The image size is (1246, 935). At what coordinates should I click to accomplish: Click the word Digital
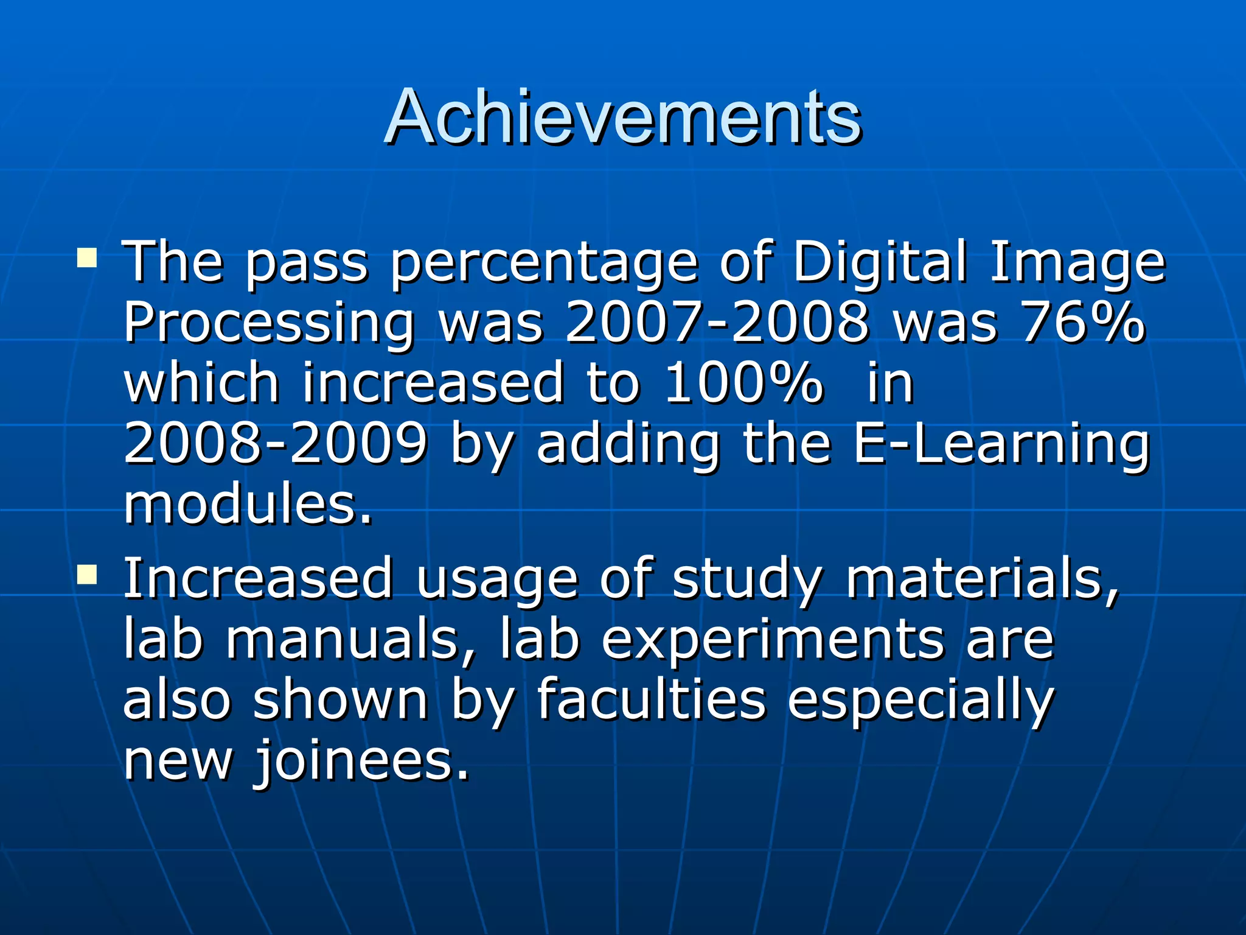tap(880, 262)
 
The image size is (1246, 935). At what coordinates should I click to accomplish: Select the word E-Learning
tap(1001, 444)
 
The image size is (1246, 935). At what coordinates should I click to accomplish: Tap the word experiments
tap(773, 640)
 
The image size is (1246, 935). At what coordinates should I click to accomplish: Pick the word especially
tap(921, 701)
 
